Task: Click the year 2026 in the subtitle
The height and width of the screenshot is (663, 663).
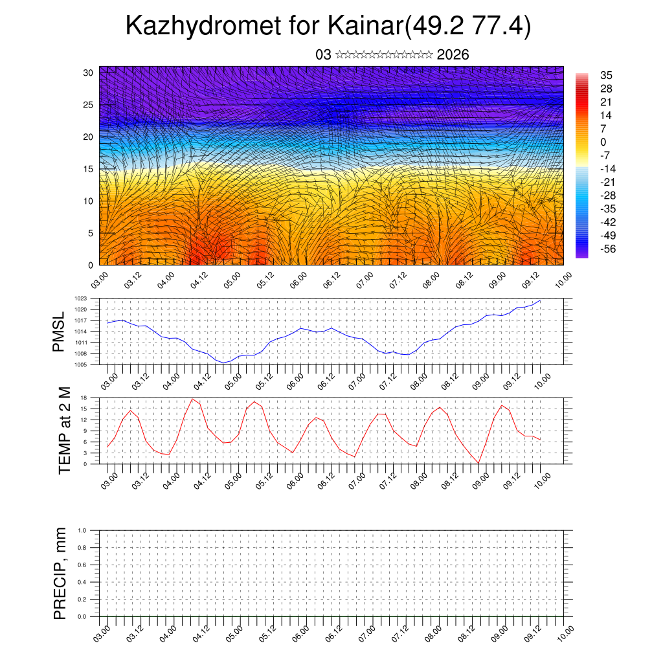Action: pos(453,54)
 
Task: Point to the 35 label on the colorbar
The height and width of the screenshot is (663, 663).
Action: pos(606,76)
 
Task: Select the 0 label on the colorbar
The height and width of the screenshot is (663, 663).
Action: pos(603,142)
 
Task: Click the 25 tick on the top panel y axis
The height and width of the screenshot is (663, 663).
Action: pos(89,104)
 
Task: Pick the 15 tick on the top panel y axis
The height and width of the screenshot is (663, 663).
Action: pos(89,169)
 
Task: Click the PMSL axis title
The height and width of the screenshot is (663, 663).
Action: pos(60,331)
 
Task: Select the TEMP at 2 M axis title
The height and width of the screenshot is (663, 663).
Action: pos(63,431)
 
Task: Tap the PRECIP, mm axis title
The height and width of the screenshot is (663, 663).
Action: pos(60,573)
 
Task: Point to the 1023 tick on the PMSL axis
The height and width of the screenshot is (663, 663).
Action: pos(81,298)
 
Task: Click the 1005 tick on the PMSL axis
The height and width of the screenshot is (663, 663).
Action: pos(81,365)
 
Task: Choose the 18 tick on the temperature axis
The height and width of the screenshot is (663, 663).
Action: pos(84,398)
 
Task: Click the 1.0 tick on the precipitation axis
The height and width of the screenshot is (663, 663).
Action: pos(82,530)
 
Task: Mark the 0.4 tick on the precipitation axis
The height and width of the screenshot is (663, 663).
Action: pos(82,582)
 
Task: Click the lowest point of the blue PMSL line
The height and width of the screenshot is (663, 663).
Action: pos(223,363)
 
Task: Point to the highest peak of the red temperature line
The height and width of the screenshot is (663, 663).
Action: pos(192,399)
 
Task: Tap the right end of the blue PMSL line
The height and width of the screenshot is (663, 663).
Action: pos(540,300)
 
